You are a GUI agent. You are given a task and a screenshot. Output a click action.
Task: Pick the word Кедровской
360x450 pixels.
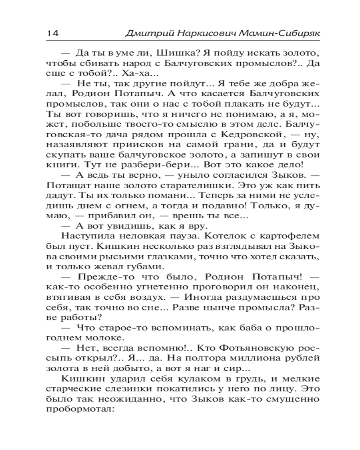coord(255,134)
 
